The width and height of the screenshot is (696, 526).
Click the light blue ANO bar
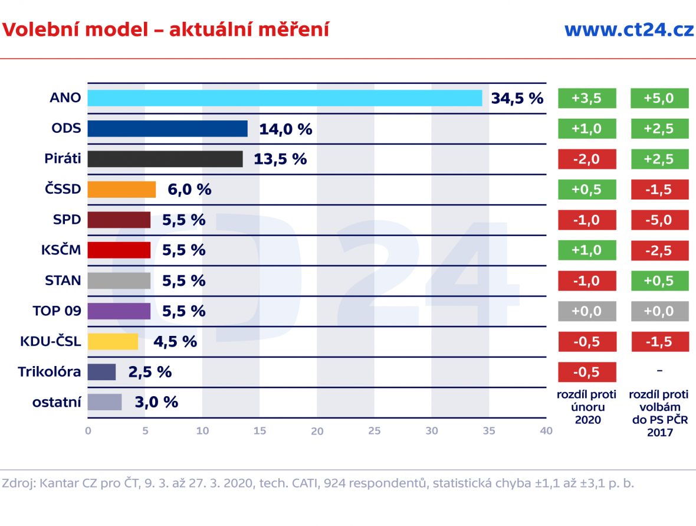(285, 98)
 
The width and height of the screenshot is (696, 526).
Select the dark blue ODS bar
(168, 129)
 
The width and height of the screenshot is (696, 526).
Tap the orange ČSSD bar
(122, 190)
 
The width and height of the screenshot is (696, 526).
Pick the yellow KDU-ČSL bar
(113, 342)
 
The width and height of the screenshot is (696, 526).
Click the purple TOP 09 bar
(119, 311)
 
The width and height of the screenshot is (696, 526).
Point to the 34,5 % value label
(517, 98)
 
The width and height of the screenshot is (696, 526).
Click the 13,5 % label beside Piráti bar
(280, 159)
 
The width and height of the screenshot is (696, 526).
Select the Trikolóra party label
(49, 372)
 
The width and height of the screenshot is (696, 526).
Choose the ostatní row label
(57, 403)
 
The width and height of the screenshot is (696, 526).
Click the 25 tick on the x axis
(375, 431)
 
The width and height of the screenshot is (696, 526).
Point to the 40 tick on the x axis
(546, 431)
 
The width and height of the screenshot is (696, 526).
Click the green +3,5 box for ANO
(587, 99)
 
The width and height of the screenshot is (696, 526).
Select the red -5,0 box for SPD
(659, 220)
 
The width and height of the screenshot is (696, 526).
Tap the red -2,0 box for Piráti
(587, 159)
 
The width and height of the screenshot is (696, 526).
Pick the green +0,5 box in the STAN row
(659, 281)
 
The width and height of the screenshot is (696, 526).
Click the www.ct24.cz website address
(629, 30)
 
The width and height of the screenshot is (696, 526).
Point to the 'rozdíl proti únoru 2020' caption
(586, 407)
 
